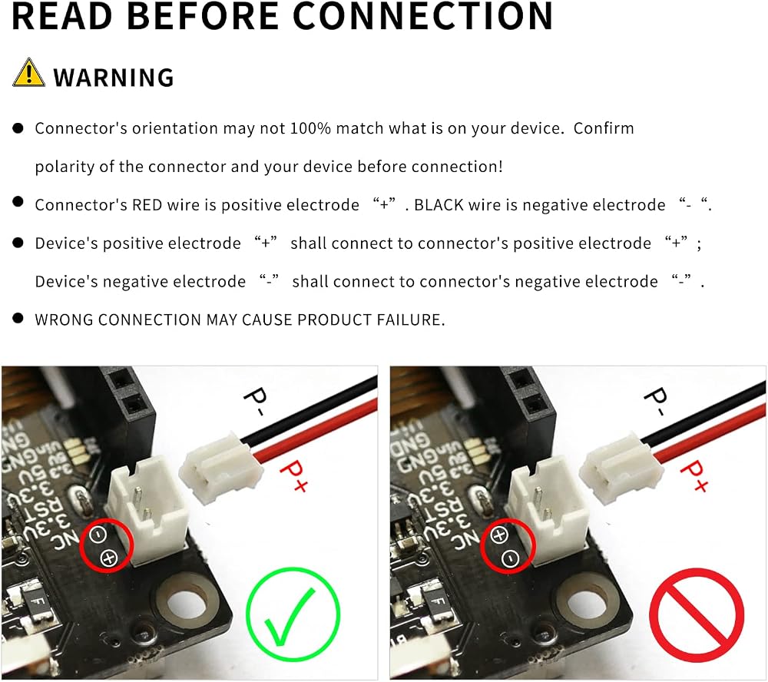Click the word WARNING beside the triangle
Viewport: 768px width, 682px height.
point(114,78)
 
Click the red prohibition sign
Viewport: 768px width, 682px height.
point(697,615)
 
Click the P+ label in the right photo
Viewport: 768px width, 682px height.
point(694,475)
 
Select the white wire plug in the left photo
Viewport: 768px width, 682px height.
point(220,470)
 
